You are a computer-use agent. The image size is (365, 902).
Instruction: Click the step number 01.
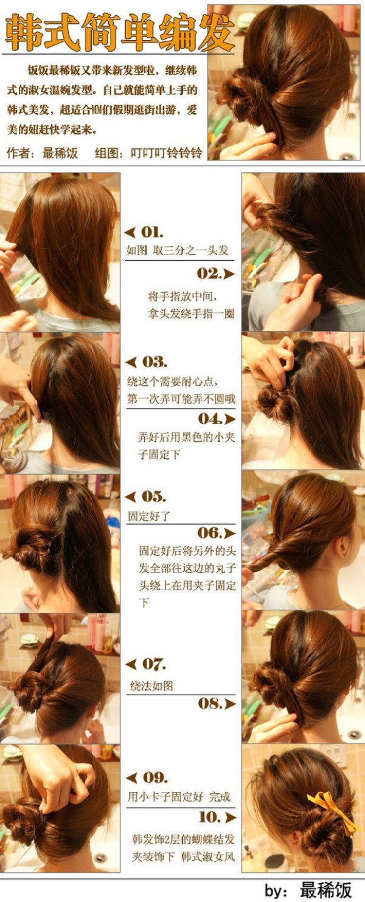152,232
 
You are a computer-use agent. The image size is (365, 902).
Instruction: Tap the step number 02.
209,274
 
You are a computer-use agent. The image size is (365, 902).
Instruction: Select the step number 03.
155,362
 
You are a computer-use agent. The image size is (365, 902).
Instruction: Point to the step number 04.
210,418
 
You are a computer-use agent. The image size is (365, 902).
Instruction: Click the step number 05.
153,497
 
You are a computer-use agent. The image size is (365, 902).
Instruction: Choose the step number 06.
210,532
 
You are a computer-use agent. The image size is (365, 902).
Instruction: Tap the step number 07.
154,664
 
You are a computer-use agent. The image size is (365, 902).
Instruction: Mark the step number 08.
210,703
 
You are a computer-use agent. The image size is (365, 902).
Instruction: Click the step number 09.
155,777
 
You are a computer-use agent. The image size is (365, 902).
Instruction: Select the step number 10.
210,817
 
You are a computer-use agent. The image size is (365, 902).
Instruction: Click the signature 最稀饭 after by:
325,890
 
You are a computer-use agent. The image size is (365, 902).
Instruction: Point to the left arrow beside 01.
130,232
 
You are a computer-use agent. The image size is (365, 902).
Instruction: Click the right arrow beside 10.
231,818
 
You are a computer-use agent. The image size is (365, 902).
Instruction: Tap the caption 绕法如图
151,686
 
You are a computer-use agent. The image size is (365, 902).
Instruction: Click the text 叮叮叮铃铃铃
167,153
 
